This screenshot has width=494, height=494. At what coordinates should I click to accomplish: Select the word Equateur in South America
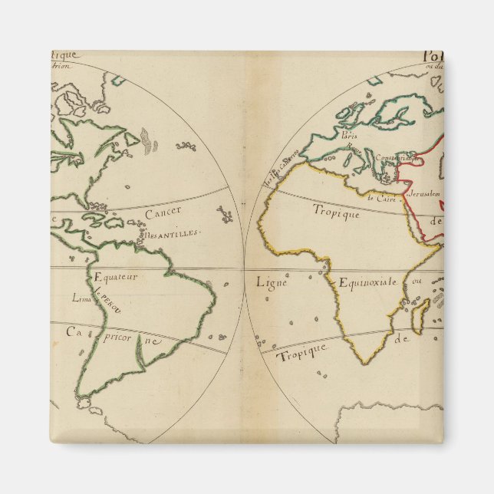coord(115,278)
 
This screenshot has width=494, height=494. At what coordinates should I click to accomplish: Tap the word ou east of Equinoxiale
coord(417,281)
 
